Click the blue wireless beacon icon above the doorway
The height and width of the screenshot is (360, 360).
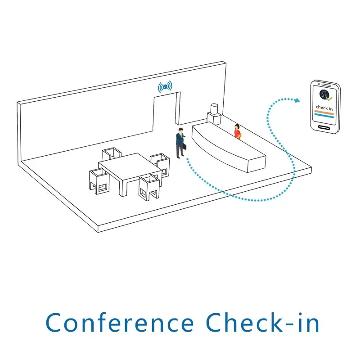click(x=165, y=86)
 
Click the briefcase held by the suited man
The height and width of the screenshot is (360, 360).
click(x=184, y=147)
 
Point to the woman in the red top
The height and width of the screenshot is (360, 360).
click(x=237, y=132)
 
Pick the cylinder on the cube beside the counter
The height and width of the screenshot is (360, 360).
click(x=214, y=109)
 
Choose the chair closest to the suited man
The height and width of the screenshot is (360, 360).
click(x=160, y=163)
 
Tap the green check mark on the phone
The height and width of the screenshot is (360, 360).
click(x=330, y=98)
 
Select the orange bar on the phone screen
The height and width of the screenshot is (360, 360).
click(x=324, y=112)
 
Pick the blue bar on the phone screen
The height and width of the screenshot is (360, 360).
click(x=324, y=117)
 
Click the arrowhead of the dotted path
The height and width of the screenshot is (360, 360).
click(x=297, y=100)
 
